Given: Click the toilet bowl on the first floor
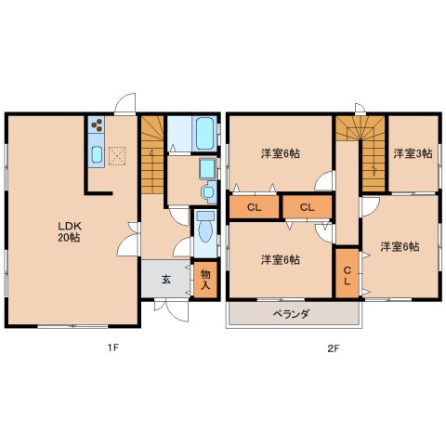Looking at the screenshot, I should point(205,226).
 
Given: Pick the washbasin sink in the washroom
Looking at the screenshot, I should point(206,191).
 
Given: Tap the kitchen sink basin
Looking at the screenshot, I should point(96,154).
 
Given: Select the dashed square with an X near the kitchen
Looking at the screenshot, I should point(118,155).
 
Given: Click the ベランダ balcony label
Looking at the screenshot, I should point(291,314).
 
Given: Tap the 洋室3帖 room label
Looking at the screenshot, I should point(411,153).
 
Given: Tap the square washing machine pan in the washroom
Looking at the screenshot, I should point(206,167).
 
